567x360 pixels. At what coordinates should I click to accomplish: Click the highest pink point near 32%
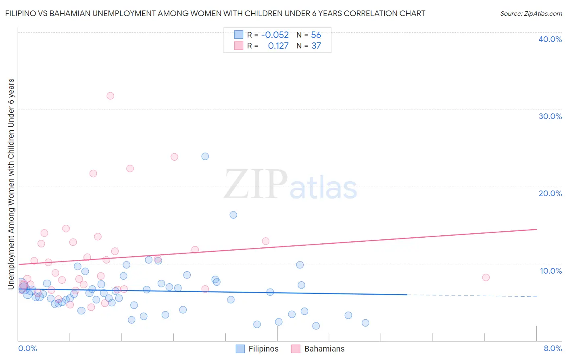(110, 96)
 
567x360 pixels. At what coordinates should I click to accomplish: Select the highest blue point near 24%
(205, 156)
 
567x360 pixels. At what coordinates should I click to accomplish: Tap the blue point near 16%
(233, 215)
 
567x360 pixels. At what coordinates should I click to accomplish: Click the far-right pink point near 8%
(486, 277)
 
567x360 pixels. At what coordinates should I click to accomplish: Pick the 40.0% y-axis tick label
(550, 39)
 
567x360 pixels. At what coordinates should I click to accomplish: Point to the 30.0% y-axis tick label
(550, 116)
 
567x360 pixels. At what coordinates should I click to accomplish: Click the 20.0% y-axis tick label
(550, 193)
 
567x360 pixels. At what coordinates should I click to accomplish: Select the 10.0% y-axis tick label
(551, 271)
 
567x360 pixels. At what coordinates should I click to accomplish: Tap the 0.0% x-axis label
(27, 348)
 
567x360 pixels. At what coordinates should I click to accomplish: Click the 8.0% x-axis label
(552, 348)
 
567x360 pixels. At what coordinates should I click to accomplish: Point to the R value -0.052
(275, 35)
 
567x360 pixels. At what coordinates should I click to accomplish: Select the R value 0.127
(278, 46)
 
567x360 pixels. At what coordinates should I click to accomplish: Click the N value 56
(316, 35)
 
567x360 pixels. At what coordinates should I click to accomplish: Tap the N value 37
(316, 46)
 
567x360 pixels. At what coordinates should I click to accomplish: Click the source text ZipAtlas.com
(531, 14)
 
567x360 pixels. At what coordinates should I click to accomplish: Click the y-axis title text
(11, 184)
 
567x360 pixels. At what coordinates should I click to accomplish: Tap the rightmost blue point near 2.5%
(365, 322)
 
